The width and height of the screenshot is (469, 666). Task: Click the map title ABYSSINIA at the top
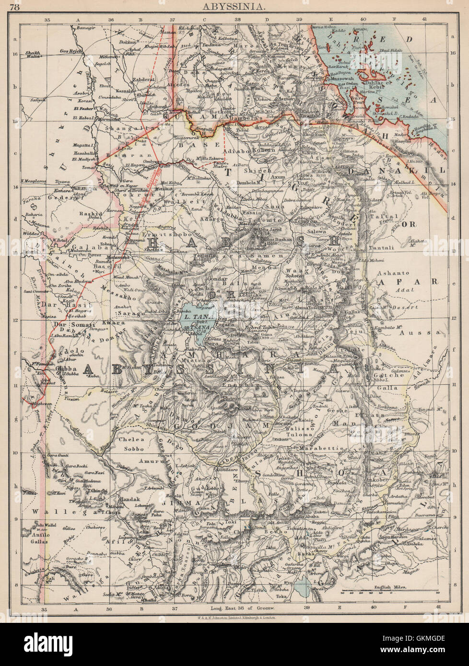coord(234,7)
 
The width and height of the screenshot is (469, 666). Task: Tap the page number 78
coord(15,7)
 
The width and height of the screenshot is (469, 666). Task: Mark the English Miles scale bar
coord(389,590)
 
